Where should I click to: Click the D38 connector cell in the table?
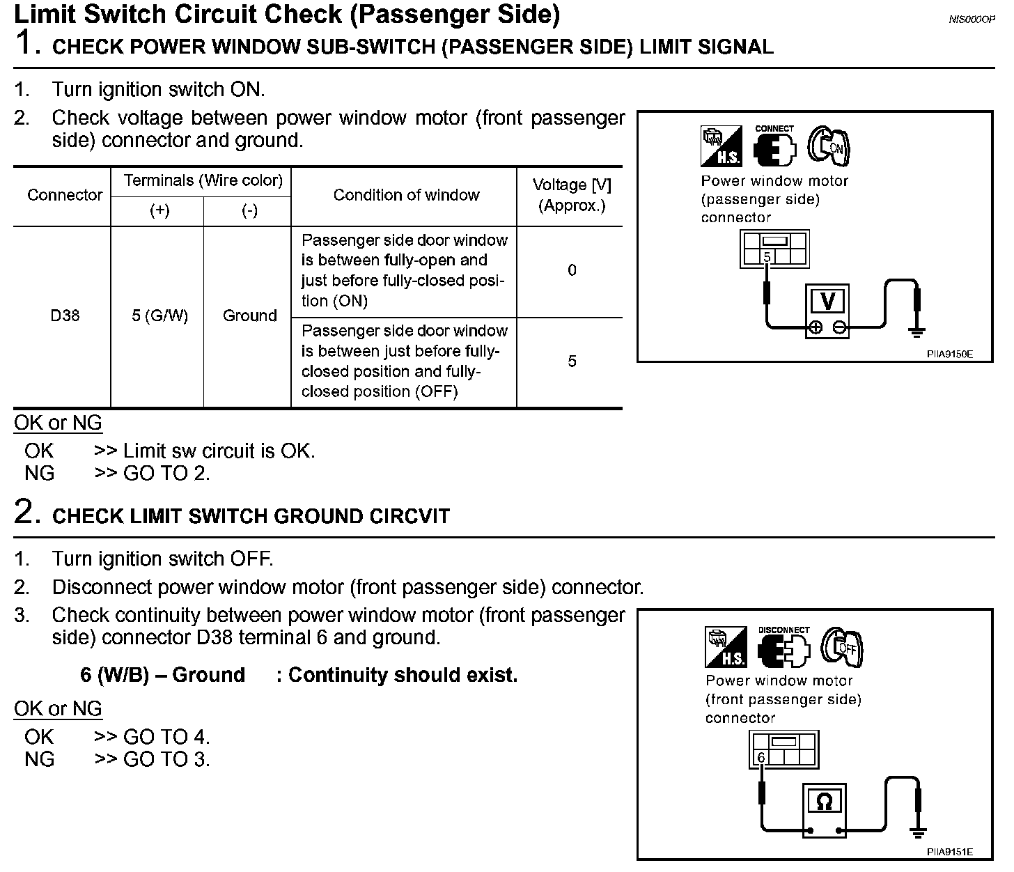tap(65, 316)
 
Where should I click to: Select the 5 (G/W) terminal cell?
tap(159, 316)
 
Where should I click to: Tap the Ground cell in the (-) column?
tap(249, 316)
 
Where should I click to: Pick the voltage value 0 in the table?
tap(572, 270)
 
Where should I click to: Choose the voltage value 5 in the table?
tap(572, 361)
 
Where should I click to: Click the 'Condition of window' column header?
tap(406, 195)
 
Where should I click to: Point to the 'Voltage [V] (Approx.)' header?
tap(572, 195)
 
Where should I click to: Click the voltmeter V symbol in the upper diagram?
tap(827, 302)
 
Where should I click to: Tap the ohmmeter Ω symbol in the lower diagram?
tap(824, 802)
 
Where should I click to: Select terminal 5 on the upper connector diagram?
tap(767, 257)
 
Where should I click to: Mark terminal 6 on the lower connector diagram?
tap(761, 758)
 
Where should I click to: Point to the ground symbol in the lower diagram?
tap(919, 832)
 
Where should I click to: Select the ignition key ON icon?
tap(829, 146)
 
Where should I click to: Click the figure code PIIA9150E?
tap(949, 355)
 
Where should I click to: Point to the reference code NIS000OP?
tap(972, 20)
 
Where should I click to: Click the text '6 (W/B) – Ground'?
tap(162, 675)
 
